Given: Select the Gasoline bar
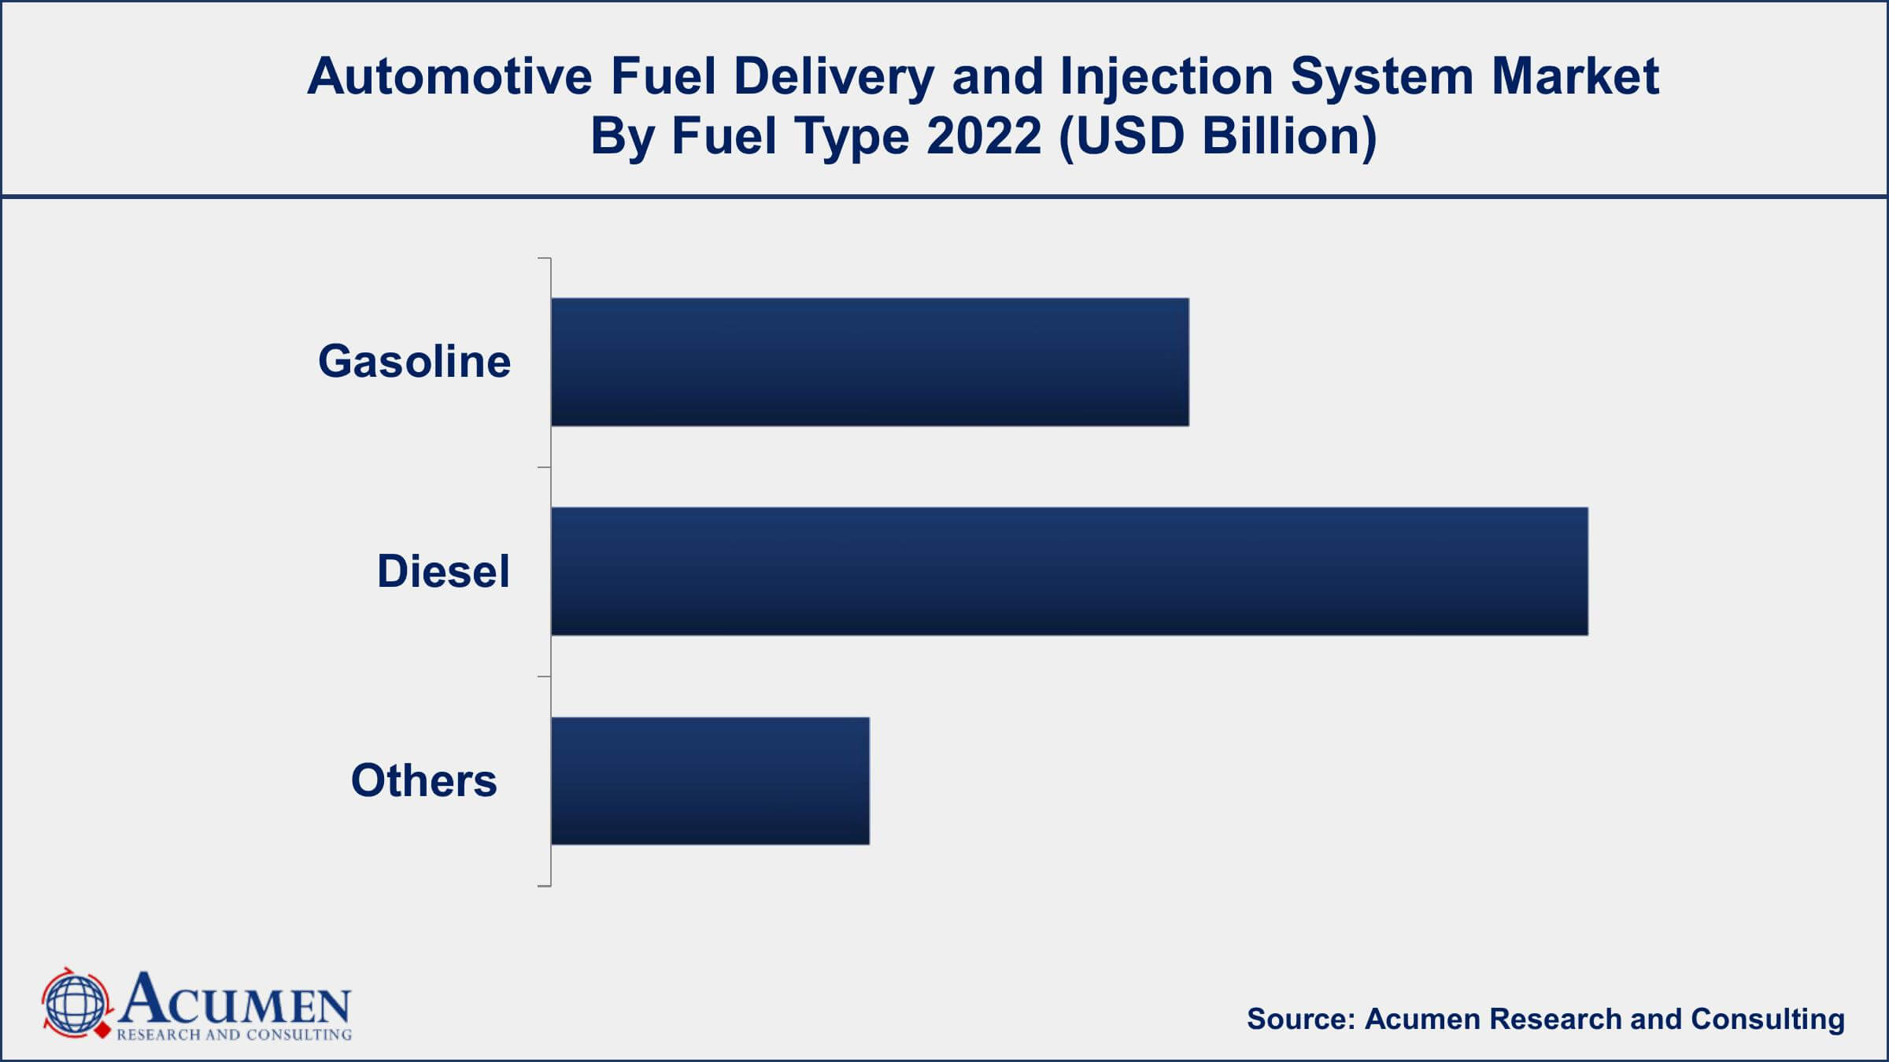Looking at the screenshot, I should click(x=869, y=362).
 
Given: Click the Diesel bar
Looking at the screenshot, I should click(x=1069, y=571).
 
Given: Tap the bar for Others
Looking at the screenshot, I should click(x=710, y=780).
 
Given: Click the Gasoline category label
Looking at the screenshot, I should click(x=414, y=362).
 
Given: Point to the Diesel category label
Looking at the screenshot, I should click(x=443, y=571).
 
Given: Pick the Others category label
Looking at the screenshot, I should click(x=423, y=780).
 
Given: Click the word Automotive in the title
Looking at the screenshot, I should click(x=449, y=76).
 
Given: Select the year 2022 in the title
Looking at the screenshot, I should click(x=984, y=136).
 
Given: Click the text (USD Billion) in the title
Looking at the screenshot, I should click(x=1218, y=136).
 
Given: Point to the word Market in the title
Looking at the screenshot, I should click(x=1575, y=76).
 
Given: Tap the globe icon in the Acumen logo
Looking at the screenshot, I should click(x=76, y=1005).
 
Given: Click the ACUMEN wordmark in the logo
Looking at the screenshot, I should click(x=235, y=1000).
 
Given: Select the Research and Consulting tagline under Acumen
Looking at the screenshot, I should click(x=234, y=1034).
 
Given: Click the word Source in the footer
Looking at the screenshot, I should click(x=1299, y=1019).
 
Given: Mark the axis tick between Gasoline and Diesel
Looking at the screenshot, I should click(x=544, y=467).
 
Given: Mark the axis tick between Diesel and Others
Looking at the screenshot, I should click(x=544, y=677).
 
